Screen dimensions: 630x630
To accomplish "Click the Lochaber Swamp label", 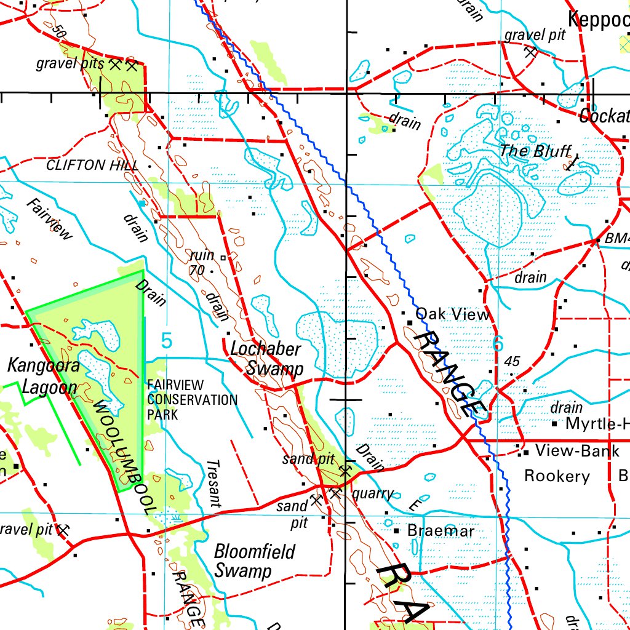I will click(266, 359).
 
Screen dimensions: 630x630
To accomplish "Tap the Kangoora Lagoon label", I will click(43, 377).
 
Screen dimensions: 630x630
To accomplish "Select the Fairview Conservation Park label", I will click(191, 400).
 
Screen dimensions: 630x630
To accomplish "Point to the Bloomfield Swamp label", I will click(254, 560).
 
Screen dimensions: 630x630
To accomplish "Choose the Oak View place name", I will click(453, 315).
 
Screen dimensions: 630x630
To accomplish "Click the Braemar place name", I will click(441, 531).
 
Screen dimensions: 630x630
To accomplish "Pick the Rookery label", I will click(557, 476).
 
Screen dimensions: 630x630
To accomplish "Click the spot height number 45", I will click(512, 362).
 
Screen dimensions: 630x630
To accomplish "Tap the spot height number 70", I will click(197, 270).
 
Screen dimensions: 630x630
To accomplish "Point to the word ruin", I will click(202, 255).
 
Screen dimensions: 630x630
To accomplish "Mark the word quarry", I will click(372, 493).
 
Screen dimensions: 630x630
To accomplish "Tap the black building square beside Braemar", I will click(396, 530).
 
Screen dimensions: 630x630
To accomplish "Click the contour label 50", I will click(59, 30).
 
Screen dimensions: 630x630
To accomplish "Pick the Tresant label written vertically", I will click(213, 484).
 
